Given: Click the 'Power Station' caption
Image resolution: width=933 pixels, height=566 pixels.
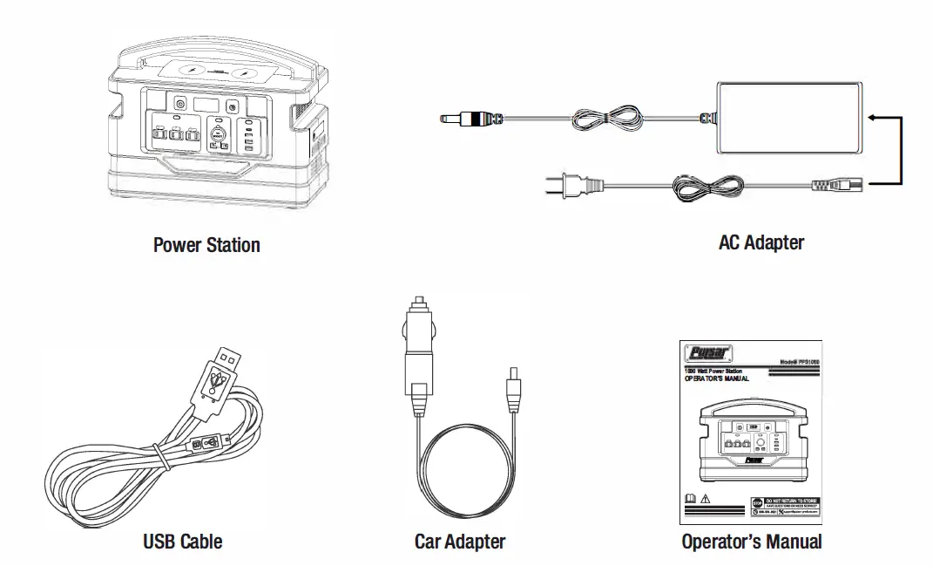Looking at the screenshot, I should [x=206, y=245].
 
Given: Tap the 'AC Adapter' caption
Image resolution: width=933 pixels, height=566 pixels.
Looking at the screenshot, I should [x=761, y=242].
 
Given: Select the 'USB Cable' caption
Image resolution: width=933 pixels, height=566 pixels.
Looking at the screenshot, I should [x=182, y=542].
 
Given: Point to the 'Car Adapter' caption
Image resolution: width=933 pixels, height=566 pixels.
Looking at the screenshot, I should [x=459, y=542].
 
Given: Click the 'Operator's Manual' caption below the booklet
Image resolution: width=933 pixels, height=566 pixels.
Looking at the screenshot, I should [x=751, y=542].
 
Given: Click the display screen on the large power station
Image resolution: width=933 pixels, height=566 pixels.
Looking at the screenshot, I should [x=206, y=104].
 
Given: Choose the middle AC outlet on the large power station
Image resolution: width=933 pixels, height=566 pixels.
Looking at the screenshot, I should [x=176, y=135].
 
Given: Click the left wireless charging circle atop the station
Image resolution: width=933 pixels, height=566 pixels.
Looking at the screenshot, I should [x=191, y=74].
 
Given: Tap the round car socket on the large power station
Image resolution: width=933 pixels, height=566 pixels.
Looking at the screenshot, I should [x=219, y=134].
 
